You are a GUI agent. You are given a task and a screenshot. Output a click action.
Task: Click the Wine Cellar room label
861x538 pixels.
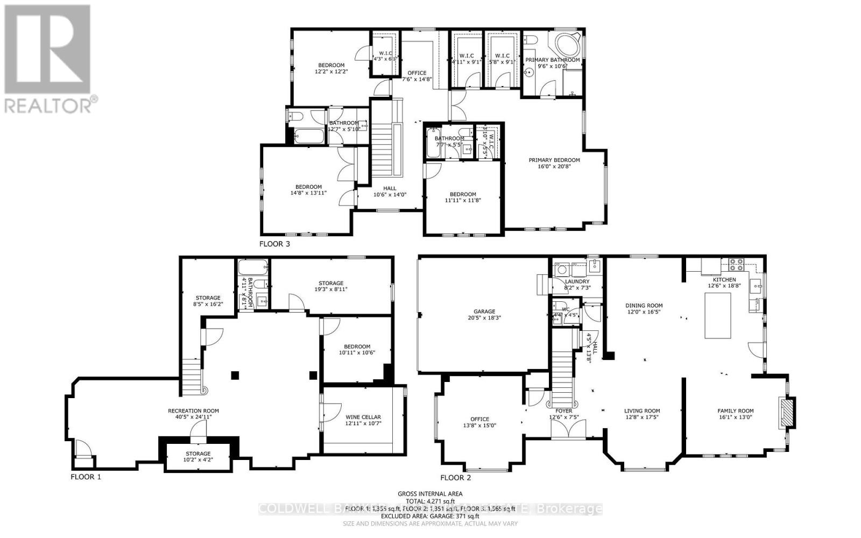point(363,417)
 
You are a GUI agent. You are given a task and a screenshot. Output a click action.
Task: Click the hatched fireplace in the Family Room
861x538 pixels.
point(787,413)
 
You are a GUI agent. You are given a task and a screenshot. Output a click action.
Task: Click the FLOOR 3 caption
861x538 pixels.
point(274,244)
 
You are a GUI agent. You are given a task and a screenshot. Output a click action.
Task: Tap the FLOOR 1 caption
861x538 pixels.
point(86,477)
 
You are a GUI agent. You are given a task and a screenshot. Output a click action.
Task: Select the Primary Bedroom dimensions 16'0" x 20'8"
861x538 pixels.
point(554,167)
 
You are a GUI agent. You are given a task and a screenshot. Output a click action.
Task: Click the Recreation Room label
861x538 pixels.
point(193,411)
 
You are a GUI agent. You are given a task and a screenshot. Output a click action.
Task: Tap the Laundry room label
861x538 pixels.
point(577,281)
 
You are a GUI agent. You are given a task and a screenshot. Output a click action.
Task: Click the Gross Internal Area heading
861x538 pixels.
point(430,493)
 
